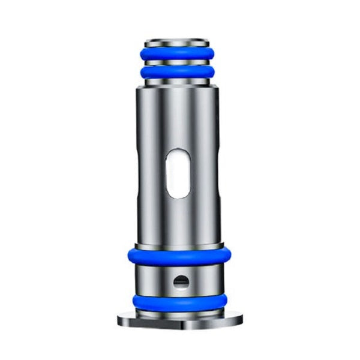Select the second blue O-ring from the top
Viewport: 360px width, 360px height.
pos(180,73)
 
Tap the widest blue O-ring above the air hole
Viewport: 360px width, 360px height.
pos(180,256)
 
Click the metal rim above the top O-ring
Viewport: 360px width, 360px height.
pos(180,42)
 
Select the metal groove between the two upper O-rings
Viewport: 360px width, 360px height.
pos(180,62)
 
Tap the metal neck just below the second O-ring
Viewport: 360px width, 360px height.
pos(180,83)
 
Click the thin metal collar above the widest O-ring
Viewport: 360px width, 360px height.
pos(180,245)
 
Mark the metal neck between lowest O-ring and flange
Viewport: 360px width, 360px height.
pos(180,310)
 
